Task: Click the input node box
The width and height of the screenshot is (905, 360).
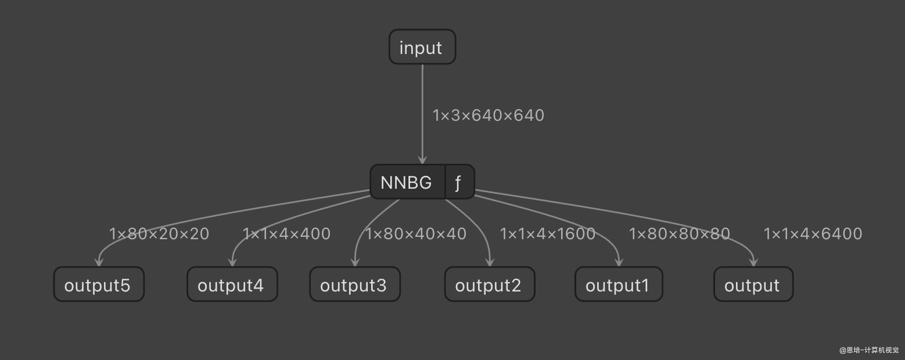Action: (x=422, y=47)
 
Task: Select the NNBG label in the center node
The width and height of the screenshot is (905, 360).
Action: (x=407, y=182)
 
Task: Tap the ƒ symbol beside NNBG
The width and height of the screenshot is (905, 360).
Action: (x=458, y=182)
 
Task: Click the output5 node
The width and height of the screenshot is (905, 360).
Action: (x=98, y=285)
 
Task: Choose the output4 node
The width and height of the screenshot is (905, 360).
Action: (x=231, y=285)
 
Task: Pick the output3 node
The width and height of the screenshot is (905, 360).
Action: (x=354, y=285)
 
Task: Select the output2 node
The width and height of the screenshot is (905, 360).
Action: (x=489, y=285)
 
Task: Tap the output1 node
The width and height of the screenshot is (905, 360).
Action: (x=618, y=285)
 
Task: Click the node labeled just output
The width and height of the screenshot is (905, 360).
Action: (x=752, y=285)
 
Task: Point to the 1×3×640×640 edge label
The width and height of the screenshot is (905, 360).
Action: (x=489, y=116)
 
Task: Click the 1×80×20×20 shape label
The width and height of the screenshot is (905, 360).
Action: (x=159, y=234)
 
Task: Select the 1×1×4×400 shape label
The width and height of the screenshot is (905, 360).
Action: (x=286, y=234)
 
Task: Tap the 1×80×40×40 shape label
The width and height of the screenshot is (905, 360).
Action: (x=416, y=234)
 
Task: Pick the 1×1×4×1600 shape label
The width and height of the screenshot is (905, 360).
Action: (x=548, y=234)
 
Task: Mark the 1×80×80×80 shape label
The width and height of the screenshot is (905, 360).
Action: (x=680, y=234)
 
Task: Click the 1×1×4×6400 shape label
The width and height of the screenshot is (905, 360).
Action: (x=813, y=234)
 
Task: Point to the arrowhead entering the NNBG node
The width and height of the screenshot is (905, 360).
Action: (x=422, y=161)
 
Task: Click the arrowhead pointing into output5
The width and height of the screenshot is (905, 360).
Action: (x=99, y=263)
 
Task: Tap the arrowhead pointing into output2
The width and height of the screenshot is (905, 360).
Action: (x=490, y=263)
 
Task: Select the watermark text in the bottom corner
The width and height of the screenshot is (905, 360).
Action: (x=868, y=350)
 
